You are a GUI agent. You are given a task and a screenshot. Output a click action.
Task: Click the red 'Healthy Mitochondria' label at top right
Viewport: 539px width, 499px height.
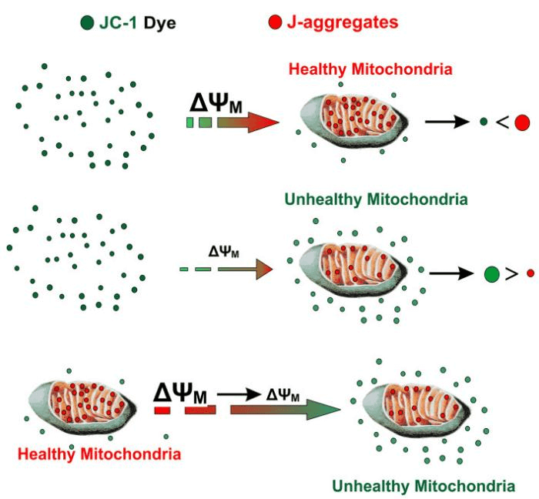coord(370,70)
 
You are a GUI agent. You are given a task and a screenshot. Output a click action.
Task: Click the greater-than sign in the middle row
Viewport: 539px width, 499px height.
coord(511,273)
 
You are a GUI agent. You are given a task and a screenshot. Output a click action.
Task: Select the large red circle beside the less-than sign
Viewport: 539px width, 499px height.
coord(523,122)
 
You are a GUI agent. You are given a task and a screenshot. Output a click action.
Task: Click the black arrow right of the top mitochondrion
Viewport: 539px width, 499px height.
coord(450,122)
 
